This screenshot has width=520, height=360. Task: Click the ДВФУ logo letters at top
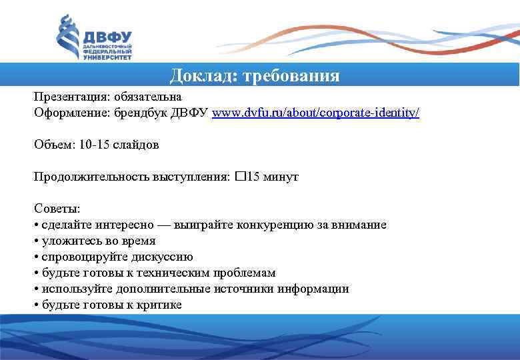(x=107, y=37)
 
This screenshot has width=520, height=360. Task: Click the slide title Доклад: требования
(x=255, y=75)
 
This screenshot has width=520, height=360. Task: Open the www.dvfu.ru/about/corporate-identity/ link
(x=315, y=113)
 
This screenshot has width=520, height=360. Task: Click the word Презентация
(x=65, y=97)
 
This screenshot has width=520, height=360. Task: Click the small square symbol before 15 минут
(x=239, y=177)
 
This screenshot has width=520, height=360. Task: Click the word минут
(x=281, y=177)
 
